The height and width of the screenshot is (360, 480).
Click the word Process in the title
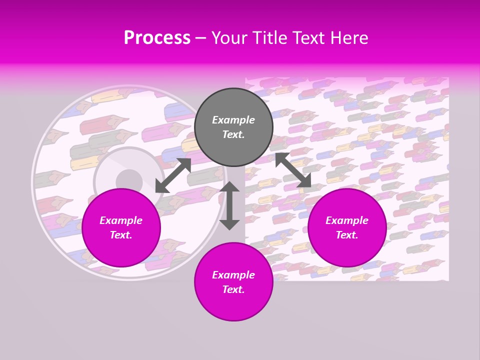pos(157,38)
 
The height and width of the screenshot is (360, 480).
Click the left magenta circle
pos(121,227)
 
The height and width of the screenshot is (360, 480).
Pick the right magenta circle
pos(347,227)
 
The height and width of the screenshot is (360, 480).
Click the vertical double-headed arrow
pos(229,205)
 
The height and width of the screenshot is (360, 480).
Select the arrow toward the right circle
pos(293,170)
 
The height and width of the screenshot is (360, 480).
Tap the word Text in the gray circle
pos(233,134)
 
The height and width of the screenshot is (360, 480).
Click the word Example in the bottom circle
pos(233,275)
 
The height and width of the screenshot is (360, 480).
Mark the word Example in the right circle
pos(347,220)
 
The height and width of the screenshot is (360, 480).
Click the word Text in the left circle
pos(121,235)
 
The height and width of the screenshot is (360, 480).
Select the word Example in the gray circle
pos(233,120)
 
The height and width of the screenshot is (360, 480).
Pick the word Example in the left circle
pos(121,220)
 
